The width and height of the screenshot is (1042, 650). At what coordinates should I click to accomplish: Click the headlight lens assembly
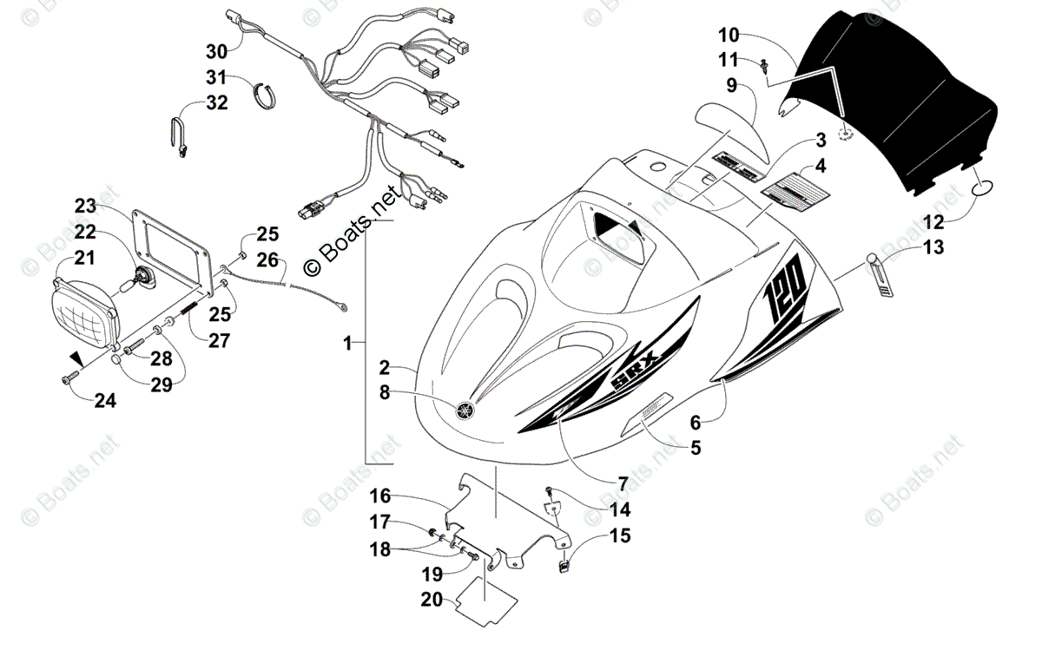pyautogui.click(x=85, y=304)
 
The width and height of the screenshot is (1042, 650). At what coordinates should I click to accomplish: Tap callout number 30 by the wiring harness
pyautogui.click(x=216, y=49)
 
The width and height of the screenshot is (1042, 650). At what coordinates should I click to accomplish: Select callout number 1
pyautogui.click(x=347, y=344)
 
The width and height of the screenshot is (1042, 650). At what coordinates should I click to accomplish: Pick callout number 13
pyautogui.click(x=933, y=247)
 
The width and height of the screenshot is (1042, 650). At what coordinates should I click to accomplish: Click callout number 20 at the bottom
pyautogui.click(x=432, y=598)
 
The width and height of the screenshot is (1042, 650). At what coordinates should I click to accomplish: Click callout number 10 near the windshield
pyautogui.click(x=729, y=36)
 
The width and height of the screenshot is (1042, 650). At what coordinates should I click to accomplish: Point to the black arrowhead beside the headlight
pyautogui.click(x=77, y=358)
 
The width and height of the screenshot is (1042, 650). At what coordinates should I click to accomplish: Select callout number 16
pyautogui.click(x=380, y=496)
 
